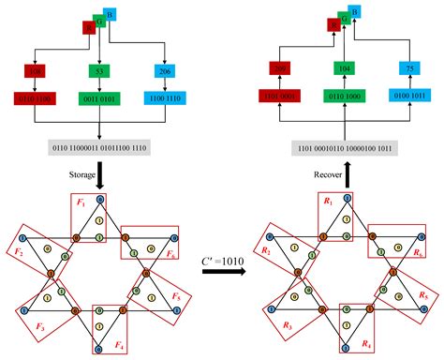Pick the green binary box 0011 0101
[x=98, y=97]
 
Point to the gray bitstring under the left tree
[x=98, y=147]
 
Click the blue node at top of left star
[x=99, y=198]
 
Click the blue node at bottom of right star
[x=348, y=349]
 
